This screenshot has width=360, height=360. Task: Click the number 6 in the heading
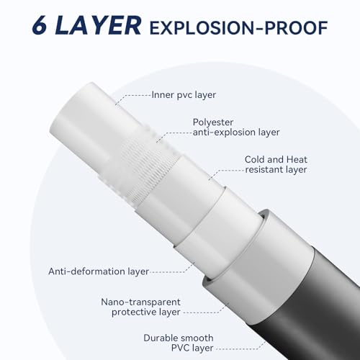click(41, 27)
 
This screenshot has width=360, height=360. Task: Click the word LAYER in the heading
click(99, 27)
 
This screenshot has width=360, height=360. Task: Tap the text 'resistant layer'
click(276, 170)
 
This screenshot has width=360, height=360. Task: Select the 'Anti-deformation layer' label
click(99, 271)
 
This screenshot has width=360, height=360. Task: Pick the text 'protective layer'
click(145, 312)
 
